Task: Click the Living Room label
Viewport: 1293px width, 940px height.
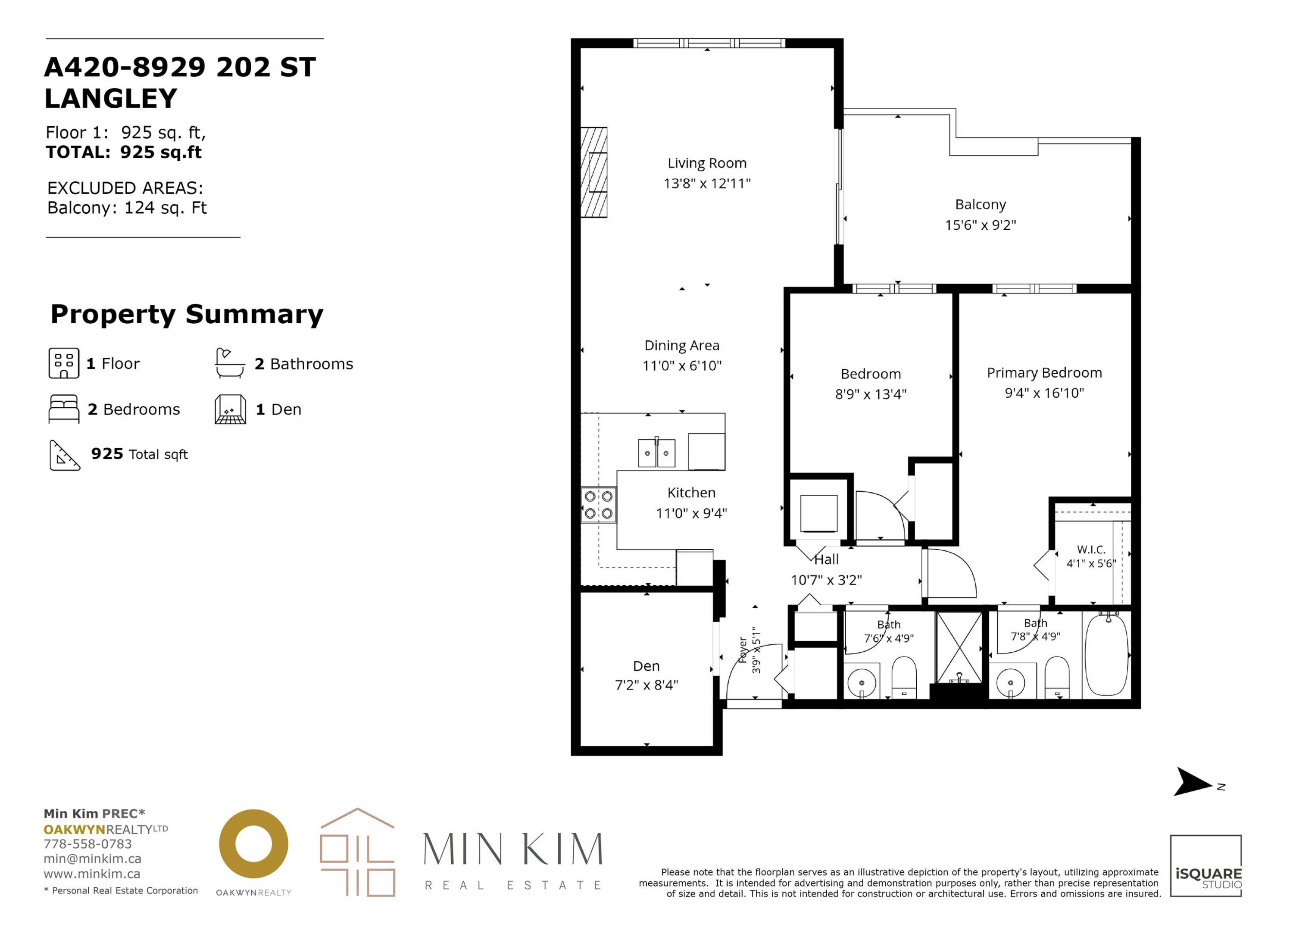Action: pos(707,163)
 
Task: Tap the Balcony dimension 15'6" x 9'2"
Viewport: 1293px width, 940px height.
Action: pos(981,225)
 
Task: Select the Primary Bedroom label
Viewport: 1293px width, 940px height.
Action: pos(1044,373)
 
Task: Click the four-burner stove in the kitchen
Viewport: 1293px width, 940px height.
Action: pos(599,505)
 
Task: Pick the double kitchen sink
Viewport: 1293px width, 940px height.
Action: pos(657,453)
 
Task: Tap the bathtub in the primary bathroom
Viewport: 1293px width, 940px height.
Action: pos(1106,655)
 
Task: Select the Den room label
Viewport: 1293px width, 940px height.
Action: pos(646,666)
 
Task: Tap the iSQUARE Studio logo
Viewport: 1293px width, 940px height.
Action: pos(1206,866)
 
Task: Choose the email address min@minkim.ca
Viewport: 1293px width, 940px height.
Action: pos(92,859)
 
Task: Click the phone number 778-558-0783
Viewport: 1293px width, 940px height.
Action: pos(88,843)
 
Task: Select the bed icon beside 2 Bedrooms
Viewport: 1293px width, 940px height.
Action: pos(64,409)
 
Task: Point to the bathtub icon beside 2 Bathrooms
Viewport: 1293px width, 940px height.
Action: pos(230,363)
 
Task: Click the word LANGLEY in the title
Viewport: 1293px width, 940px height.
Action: pos(111,99)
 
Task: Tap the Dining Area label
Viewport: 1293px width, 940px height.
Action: pos(682,346)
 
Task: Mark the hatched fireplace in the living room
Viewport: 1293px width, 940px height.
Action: pos(593,172)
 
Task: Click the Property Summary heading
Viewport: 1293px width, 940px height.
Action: pos(187,315)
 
